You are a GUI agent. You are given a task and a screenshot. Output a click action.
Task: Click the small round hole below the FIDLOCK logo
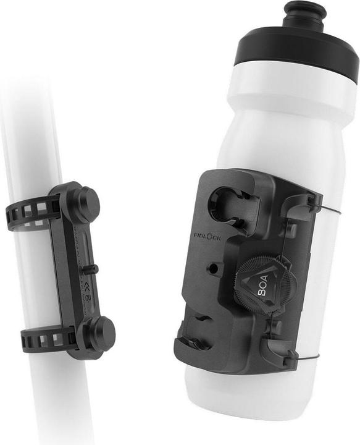click(214, 268)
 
